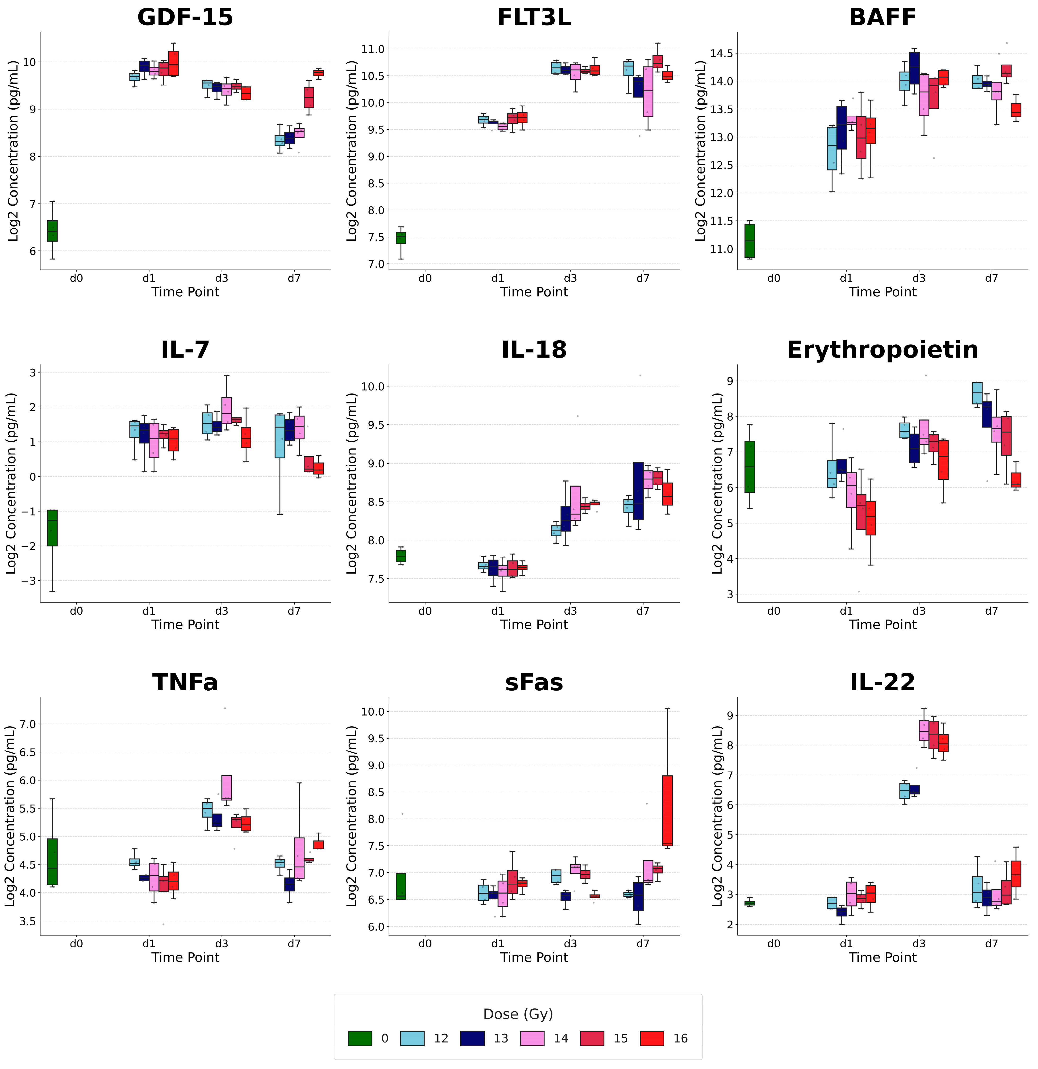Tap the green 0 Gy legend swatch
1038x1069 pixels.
pyautogui.click(x=360, y=1038)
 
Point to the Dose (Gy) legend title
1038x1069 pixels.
pyautogui.click(x=518, y=1014)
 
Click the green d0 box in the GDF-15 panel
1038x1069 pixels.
pyautogui.click(x=52, y=231)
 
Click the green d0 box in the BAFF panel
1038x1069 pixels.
pyautogui.click(x=750, y=240)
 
